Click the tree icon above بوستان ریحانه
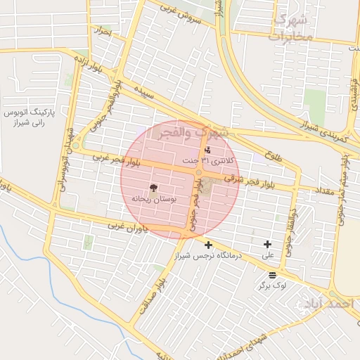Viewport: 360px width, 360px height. (x=152, y=188)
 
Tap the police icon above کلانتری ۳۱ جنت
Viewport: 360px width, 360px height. (x=207, y=150)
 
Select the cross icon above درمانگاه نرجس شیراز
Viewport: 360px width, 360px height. (x=207, y=245)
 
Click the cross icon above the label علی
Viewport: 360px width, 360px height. (x=267, y=244)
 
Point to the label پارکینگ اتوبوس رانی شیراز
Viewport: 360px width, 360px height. (x=35, y=117)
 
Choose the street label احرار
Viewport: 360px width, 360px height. (x=103, y=32)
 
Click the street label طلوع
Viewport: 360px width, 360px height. (x=274, y=155)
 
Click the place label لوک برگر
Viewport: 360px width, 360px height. (x=272, y=287)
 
